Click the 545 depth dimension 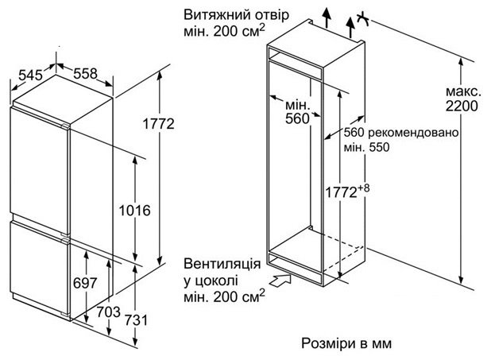(29, 75)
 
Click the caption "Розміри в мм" (347, 343)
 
